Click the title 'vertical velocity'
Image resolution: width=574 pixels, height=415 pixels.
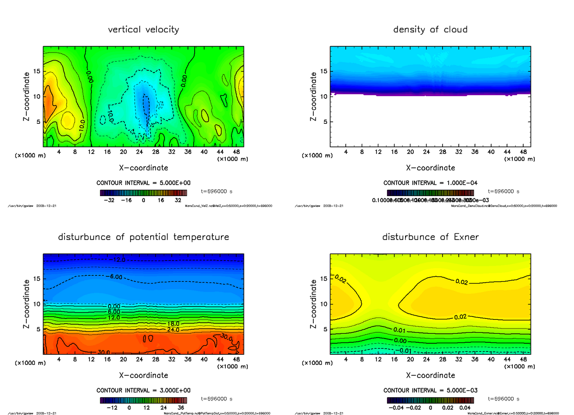143,30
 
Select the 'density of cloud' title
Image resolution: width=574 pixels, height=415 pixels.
430,30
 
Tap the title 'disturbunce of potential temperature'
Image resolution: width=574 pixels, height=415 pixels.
143,237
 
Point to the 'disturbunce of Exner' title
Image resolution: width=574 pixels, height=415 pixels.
430,237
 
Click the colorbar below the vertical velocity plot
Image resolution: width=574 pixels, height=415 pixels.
143,193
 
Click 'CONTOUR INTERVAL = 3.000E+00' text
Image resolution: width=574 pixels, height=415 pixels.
143,390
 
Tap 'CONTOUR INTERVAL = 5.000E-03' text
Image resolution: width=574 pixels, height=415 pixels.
430,390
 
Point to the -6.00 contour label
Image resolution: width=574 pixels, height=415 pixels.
115,277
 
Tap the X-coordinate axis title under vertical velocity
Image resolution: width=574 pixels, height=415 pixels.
143,168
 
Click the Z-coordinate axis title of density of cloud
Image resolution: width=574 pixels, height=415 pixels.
314,96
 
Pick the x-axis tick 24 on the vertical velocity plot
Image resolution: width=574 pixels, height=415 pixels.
139,153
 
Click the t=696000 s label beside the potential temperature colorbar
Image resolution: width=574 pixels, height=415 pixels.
217,399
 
